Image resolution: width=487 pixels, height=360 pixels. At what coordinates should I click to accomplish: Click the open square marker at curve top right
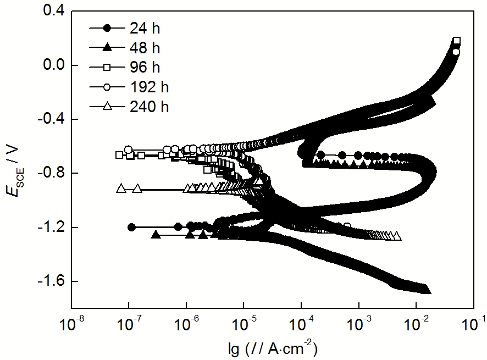pos(456,41)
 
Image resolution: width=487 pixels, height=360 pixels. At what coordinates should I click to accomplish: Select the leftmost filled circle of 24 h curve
pos(131,227)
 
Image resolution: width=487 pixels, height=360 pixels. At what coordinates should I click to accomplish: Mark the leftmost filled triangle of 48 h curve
pos(156,235)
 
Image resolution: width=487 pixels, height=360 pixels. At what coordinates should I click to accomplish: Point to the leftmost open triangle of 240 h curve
pos(121,188)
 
